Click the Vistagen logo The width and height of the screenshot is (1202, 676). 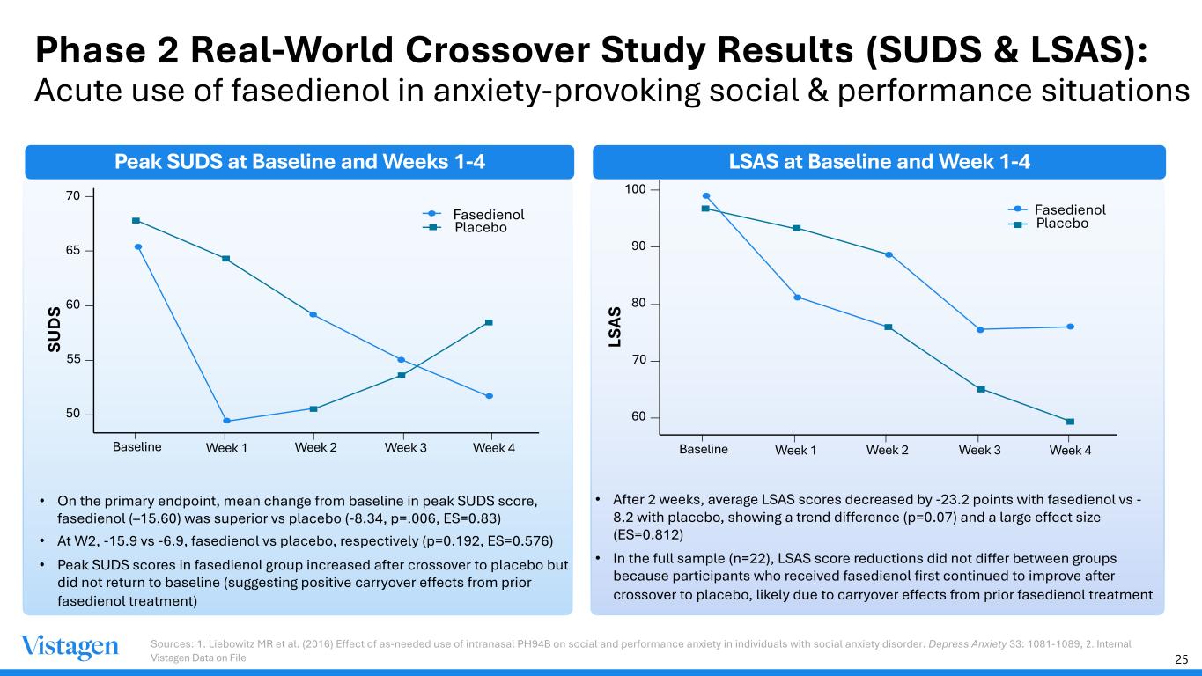click(x=70, y=647)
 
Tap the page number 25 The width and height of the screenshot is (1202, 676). click(x=1181, y=658)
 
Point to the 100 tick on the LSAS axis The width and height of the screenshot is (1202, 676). click(x=634, y=190)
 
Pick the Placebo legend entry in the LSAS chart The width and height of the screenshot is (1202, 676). click(x=1061, y=224)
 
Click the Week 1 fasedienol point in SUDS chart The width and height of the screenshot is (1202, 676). click(x=226, y=421)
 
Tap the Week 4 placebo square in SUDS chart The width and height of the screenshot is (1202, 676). click(x=489, y=322)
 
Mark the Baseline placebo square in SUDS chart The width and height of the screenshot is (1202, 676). click(x=136, y=220)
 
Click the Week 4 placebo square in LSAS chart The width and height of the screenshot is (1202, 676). click(x=1070, y=422)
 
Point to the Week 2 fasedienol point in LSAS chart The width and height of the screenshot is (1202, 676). click(x=889, y=254)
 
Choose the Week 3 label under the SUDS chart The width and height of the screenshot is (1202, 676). click(x=405, y=447)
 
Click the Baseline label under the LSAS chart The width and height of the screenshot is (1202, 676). click(x=704, y=448)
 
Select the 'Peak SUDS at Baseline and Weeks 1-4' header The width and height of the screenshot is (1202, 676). click(x=300, y=162)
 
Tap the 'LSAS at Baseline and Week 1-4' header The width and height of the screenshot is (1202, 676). click(x=879, y=162)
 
